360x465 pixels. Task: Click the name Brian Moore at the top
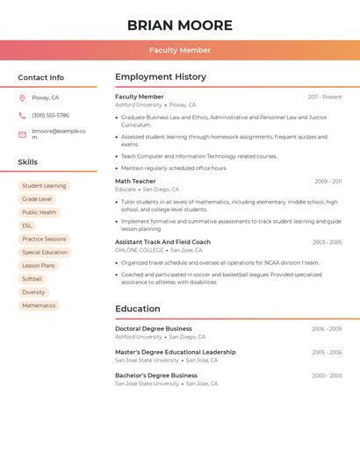point(179,25)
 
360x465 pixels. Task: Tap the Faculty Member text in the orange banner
point(179,50)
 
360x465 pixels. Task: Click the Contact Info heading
point(40,77)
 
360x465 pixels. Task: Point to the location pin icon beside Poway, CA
point(22,97)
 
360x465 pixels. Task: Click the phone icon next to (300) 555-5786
point(22,115)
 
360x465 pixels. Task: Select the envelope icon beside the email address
point(22,134)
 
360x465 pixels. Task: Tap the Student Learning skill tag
point(44,186)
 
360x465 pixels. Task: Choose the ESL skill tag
point(27,225)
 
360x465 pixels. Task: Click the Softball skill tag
point(32,279)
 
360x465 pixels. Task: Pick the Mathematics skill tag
point(39,305)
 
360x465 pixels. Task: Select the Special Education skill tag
point(45,252)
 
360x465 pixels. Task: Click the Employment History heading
point(161,77)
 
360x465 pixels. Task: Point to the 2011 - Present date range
point(324,97)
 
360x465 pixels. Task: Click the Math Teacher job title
point(135,182)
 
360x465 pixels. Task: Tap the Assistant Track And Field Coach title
point(162,242)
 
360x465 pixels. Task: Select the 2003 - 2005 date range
point(327,242)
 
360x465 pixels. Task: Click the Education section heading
point(138,309)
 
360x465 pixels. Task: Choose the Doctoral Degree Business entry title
point(154,329)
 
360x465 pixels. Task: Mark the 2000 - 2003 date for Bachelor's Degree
point(327,376)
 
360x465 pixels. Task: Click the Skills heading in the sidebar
point(28,162)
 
